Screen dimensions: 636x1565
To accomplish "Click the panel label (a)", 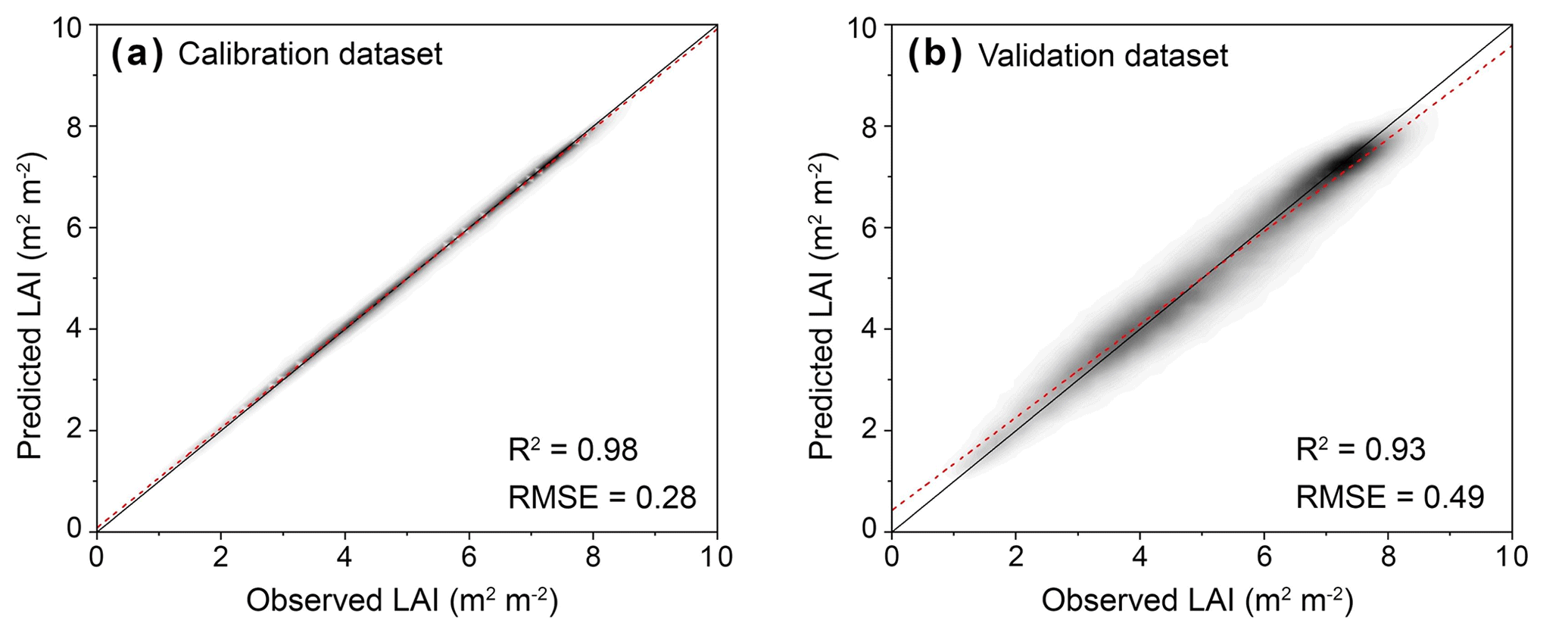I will coord(136,55).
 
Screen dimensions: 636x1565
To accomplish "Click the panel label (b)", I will coord(934,55).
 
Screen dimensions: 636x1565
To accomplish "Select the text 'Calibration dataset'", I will coord(310,55).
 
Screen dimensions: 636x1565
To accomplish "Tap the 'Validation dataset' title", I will coord(1103,56).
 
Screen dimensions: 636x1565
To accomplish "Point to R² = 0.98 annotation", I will coord(573,450).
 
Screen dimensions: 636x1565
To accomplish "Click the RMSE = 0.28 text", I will coord(602,497).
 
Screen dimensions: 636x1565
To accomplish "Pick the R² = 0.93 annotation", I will coord(1361,450).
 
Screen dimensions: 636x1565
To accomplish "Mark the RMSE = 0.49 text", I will coord(1390,497).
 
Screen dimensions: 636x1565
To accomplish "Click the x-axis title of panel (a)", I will coord(402,601).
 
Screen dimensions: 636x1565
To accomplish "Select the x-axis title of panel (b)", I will coord(1197,601).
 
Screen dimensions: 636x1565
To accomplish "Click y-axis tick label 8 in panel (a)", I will coord(73,126).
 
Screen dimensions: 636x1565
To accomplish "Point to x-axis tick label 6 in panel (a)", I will coord(469,557).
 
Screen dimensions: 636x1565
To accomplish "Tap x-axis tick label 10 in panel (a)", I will coord(716,557).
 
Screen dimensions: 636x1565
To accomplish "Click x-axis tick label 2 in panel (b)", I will coord(1016,557).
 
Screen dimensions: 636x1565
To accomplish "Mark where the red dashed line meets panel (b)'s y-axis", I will coord(892,510).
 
